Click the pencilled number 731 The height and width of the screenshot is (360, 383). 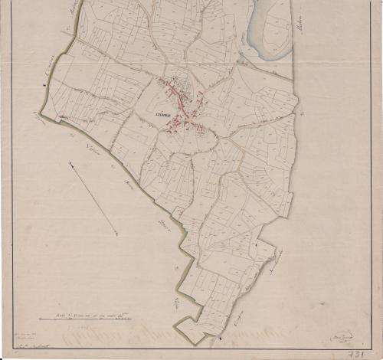click(x=354, y=353)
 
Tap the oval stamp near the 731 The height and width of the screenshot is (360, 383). click(x=339, y=335)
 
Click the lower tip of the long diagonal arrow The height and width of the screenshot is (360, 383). click(x=117, y=234)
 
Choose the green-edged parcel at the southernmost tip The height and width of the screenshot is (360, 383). click(x=195, y=331)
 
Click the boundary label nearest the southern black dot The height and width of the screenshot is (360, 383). click(x=238, y=326)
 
